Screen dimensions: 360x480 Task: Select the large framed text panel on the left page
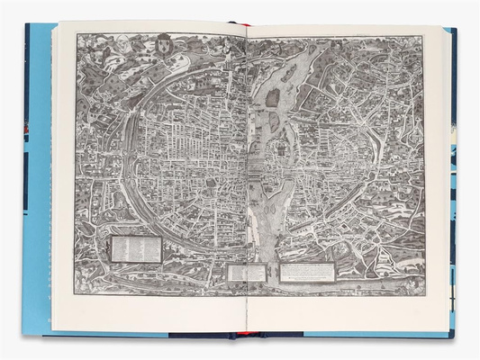(134, 248)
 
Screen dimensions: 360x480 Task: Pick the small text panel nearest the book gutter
(247, 272)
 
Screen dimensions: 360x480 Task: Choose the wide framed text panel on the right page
(307, 271)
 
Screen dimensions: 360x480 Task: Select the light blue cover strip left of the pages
(38, 180)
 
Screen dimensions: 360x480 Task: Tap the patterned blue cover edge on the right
(453, 180)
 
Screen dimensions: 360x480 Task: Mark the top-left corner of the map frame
(77, 35)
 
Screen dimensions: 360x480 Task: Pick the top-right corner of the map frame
(422, 36)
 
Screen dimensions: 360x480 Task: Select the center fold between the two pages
(245, 180)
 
